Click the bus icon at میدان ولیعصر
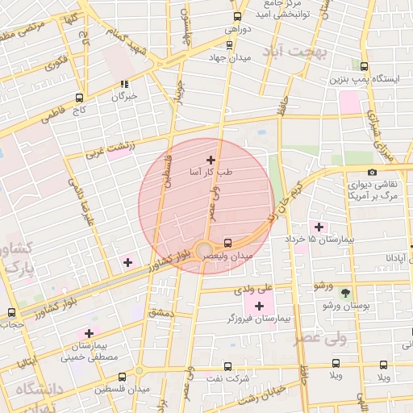(x=227, y=242)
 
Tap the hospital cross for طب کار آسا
(x=211, y=160)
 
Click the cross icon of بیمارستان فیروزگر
(x=259, y=306)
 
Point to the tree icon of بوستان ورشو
(x=346, y=293)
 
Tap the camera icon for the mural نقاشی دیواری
(x=372, y=172)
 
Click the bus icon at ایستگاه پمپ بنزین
(x=365, y=66)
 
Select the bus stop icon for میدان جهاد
(x=237, y=45)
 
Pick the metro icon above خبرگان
(x=124, y=83)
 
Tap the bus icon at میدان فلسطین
(x=122, y=377)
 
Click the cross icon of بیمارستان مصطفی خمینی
(x=89, y=333)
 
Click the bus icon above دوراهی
(x=237, y=16)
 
